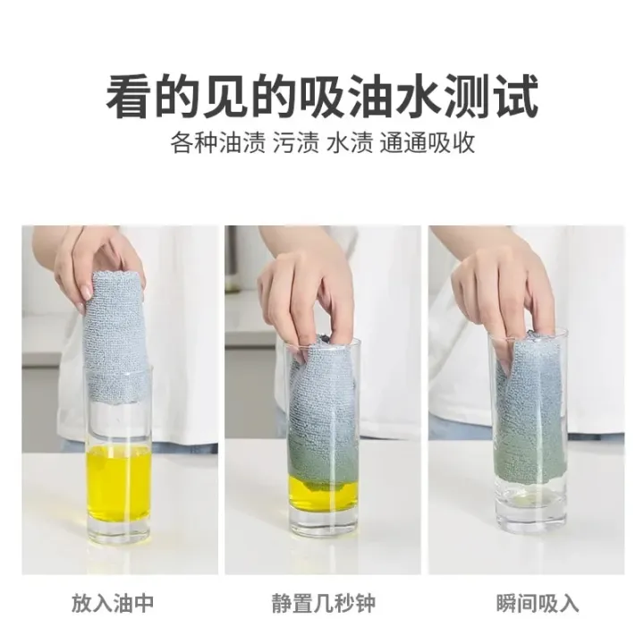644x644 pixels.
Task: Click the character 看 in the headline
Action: pyautogui.click(x=129, y=97)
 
